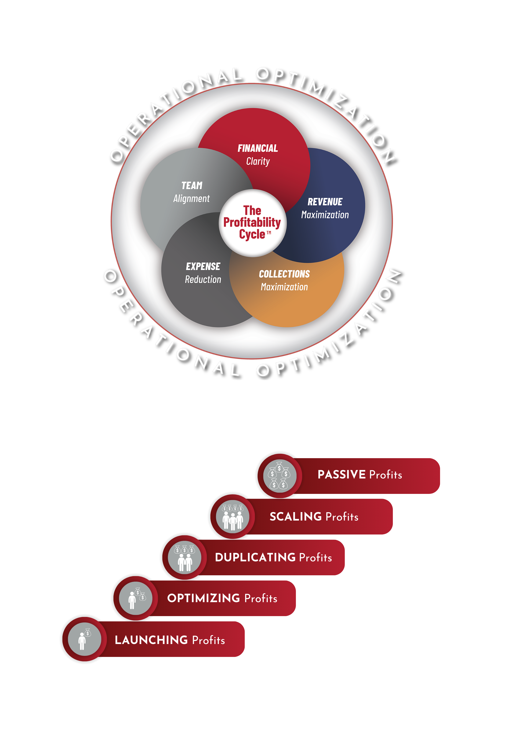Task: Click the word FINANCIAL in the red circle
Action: point(258,148)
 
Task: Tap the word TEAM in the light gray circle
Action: point(192,185)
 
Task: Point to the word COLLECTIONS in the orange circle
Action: point(284,274)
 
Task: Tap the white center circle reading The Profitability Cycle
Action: point(252,223)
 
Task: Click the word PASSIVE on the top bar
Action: point(341,474)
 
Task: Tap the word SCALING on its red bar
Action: point(295,517)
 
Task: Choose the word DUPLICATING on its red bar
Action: point(255,557)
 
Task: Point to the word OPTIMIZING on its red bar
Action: point(203,598)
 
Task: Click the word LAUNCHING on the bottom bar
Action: point(151,640)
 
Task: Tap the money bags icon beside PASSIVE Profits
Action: point(279,476)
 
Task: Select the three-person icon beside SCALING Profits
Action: point(233,517)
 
